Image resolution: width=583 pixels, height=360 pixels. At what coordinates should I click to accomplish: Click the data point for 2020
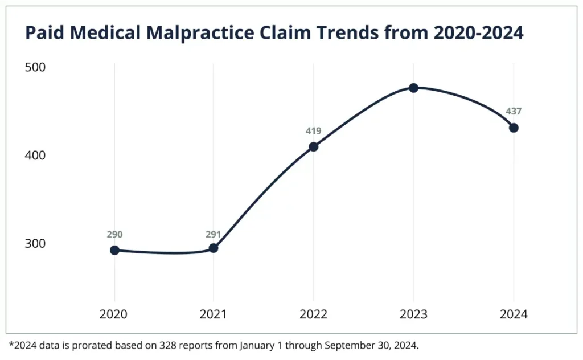[114, 250]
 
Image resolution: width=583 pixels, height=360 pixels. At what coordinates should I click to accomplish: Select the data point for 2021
[214, 248]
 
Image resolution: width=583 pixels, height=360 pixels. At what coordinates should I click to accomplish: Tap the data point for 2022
[313, 146]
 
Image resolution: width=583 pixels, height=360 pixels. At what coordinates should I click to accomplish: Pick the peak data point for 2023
[414, 88]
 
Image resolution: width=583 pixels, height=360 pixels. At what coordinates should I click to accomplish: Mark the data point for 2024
[514, 128]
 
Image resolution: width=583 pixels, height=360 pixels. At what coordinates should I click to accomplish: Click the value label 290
[114, 234]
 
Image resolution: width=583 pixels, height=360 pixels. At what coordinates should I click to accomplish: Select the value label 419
[313, 131]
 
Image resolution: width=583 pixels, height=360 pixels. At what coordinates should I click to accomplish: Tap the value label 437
[514, 112]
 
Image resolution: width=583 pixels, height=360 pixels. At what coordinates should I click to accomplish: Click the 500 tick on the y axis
[35, 67]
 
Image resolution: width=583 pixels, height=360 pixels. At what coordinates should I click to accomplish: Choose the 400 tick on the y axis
[35, 156]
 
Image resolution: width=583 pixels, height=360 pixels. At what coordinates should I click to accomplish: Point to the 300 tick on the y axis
[35, 243]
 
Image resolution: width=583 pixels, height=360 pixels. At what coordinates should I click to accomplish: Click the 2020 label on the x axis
[114, 314]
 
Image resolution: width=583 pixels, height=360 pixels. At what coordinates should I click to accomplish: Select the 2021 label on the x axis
[214, 314]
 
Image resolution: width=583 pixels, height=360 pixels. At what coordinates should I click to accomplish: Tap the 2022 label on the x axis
[313, 314]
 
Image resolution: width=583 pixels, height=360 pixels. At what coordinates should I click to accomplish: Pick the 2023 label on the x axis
[414, 314]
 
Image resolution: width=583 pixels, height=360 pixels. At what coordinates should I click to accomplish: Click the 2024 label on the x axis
[514, 314]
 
